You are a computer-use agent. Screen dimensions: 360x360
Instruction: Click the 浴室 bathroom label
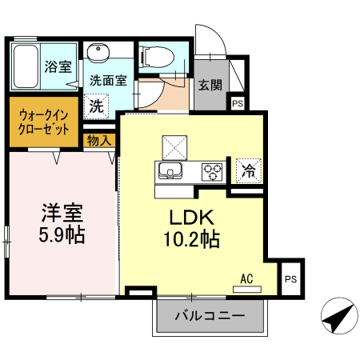click(57, 66)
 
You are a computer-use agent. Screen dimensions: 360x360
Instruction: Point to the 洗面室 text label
click(107, 80)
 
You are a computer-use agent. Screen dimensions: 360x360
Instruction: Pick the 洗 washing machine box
click(96, 105)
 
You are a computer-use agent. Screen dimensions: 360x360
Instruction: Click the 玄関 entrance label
click(210, 85)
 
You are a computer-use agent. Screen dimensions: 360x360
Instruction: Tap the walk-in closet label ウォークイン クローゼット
click(44, 121)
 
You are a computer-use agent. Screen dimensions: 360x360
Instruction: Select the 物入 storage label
click(100, 140)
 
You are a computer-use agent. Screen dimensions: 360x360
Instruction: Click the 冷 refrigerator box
click(249, 170)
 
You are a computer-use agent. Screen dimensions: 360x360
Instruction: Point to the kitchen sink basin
click(171, 170)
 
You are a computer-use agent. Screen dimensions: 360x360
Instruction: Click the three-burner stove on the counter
click(212, 170)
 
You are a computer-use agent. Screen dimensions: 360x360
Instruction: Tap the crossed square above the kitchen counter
click(174, 146)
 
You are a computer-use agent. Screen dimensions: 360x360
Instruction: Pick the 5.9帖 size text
click(62, 236)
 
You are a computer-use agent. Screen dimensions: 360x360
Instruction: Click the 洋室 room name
click(62, 214)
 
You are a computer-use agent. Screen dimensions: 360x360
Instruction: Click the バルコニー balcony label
click(209, 316)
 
